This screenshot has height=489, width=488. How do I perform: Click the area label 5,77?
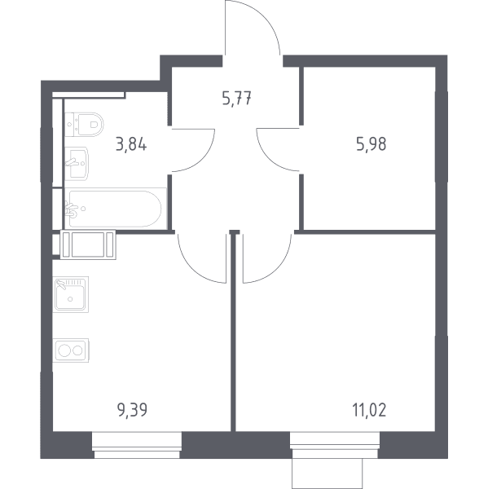click(237, 99)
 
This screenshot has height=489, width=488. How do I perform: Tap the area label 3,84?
click(131, 145)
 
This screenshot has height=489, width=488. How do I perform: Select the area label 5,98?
click(371, 144)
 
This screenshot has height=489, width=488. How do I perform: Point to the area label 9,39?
click(132, 410)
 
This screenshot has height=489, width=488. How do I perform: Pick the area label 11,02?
click(369, 410)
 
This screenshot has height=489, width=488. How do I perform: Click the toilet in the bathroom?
click(84, 125)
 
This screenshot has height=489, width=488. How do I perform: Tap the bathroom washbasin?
click(77, 164)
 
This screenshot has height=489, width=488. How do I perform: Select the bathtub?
click(116, 209)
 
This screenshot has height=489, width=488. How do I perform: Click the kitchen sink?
click(71, 294)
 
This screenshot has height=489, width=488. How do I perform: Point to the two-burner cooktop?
click(71, 350)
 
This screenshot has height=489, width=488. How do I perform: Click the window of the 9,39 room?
click(137, 445)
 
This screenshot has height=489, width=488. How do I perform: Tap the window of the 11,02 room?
click(335, 445)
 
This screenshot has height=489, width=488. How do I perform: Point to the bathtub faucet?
click(72, 209)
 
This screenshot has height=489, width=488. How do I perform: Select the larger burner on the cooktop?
click(65, 350)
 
